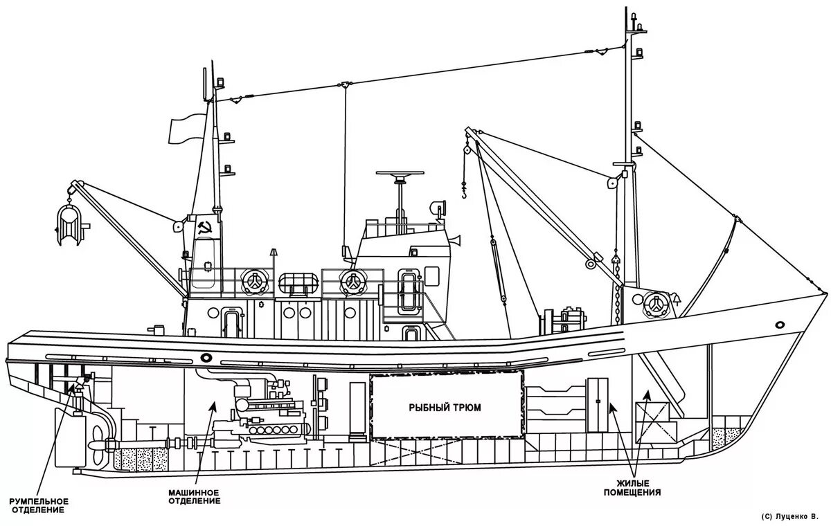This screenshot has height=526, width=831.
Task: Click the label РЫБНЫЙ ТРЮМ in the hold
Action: coord(445,408)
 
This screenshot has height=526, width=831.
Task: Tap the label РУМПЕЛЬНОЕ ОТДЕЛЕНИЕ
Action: coord(38,505)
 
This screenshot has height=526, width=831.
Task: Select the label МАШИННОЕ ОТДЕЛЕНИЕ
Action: coord(195,496)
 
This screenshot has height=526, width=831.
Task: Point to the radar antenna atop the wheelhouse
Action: coord(400,177)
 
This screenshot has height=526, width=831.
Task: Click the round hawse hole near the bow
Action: coord(780,325)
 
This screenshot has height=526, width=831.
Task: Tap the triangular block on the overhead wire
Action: coord(344,85)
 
